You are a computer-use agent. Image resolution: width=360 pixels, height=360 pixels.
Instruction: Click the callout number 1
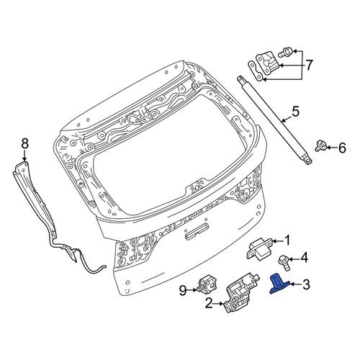pyautogui.click(x=287, y=240)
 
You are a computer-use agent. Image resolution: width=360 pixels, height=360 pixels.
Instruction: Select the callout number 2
pyautogui.click(x=209, y=304)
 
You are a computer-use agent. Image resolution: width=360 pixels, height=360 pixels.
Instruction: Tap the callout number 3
pyautogui.click(x=306, y=284)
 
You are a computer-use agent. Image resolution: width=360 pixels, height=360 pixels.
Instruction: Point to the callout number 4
pyautogui.click(x=304, y=258)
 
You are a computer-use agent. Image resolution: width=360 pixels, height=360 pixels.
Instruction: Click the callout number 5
pyautogui.click(x=295, y=112)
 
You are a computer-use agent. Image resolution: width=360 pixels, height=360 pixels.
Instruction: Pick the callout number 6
pyautogui.click(x=342, y=148)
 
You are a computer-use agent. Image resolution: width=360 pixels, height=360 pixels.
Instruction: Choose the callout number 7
pyautogui.click(x=309, y=65)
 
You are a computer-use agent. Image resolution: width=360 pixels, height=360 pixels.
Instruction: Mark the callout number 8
pyautogui.click(x=24, y=143)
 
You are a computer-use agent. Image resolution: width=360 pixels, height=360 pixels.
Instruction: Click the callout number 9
pyautogui.click(x=183, y=291)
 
